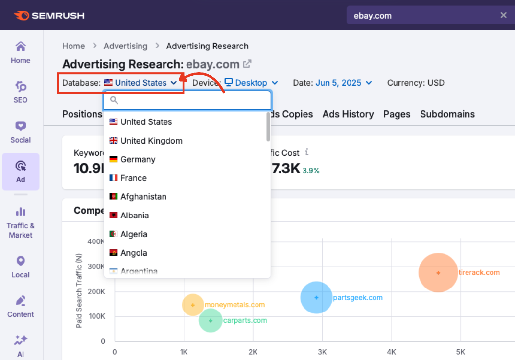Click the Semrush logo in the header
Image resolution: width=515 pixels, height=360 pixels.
pyautogui.click(x=49, y=16)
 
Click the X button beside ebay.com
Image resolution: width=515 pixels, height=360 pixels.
pyautogui.click(x=503, y=15)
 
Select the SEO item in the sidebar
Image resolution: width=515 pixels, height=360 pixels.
pyautogui.click(x=21, y=92)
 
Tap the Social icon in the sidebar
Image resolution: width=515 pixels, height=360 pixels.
pyautogui.click(x=21, y=126)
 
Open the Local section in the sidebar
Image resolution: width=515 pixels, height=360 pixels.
pyautogui.click(x=21, y=266)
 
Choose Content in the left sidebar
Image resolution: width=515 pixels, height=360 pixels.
pyautogui.click(x=21, y=306)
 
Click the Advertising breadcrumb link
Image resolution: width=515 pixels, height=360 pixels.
pyautogui.click(x=125, y=46)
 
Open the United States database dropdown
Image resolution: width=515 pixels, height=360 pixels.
pyautogui.click(x=140, y=83)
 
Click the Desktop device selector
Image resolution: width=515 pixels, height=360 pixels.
pyautogui.click(x=251, y=83)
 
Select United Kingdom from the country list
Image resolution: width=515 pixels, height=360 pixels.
pyautogui.click(x=151, y=141)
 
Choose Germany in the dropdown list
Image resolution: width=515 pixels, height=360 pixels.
pyautogui.click(x=138, y=159)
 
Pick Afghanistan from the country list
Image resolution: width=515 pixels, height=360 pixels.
pyautogui.click(x=143, y=197)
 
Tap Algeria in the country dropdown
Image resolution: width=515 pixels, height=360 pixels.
pyautogui.click(x=134, y=234)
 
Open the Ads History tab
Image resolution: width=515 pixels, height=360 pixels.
pyautogui.click(x=348, y=114)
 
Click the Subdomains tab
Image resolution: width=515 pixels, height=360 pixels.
pyautogui.click(x=447, y=114)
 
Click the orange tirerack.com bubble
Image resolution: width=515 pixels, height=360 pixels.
pyautogui.click(x=438, y=272)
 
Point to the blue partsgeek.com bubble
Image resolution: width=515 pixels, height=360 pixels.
pyautogui.click(x=316, y=297)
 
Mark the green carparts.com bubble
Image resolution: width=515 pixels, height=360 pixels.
pyautogui.click(x=211, y=321)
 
